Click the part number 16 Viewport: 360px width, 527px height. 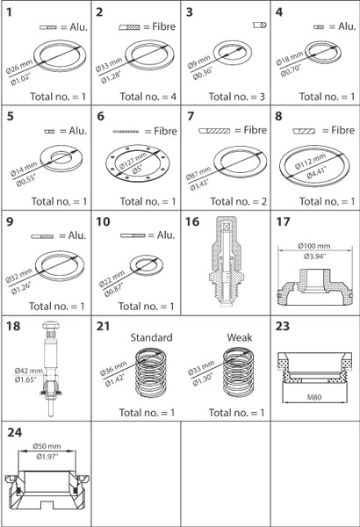(192, 222)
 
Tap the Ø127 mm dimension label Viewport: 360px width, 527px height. (133, 160)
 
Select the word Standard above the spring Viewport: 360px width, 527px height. (151, 337)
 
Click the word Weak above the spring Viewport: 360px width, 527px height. (240, 337)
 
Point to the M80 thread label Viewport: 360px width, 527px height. (314, 397)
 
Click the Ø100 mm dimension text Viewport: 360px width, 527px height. (314, 246)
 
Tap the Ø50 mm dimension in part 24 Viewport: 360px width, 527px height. (47, 446)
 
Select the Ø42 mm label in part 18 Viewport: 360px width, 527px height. (29, 371)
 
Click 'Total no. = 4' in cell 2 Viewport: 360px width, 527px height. (148, 97)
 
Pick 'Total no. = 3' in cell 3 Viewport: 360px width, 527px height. (237, 97)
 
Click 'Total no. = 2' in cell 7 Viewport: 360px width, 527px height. (238, 202)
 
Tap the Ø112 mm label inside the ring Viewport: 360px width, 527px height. (310, 161)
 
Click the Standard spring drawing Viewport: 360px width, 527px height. (151, 372)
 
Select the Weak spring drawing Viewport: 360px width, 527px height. (239, 372)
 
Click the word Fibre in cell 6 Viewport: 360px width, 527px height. (165, 131)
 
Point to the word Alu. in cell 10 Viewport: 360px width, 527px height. (166, 235)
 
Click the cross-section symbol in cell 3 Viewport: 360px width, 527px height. (260, 25)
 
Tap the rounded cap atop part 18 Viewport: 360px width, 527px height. (51, 325)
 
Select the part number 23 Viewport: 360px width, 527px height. (283, 326)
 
